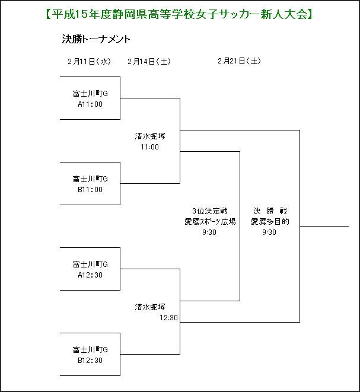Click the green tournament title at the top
coord(179,14)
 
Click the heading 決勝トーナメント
coord(96,39)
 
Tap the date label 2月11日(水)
coord(89,61)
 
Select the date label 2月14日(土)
coord(149,61)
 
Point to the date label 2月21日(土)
coord(239,60)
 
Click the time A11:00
coord(90,104)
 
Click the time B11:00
coord(90,190)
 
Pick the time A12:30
coord(90,275)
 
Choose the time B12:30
coord(90,361)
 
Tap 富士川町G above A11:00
coord(90,94)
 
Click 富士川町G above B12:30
coord(90,350)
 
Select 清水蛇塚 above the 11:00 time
coord(150,136)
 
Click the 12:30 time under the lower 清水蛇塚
coord(169,318)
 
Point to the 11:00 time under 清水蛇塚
coord(149,147)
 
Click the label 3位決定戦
coord(210,211)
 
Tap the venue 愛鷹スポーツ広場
coord(210,222)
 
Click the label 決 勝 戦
coord(270,211)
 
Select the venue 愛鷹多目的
coord(270,222)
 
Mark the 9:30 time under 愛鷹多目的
coord(269,232)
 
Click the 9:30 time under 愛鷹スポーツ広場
coord(209,232)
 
